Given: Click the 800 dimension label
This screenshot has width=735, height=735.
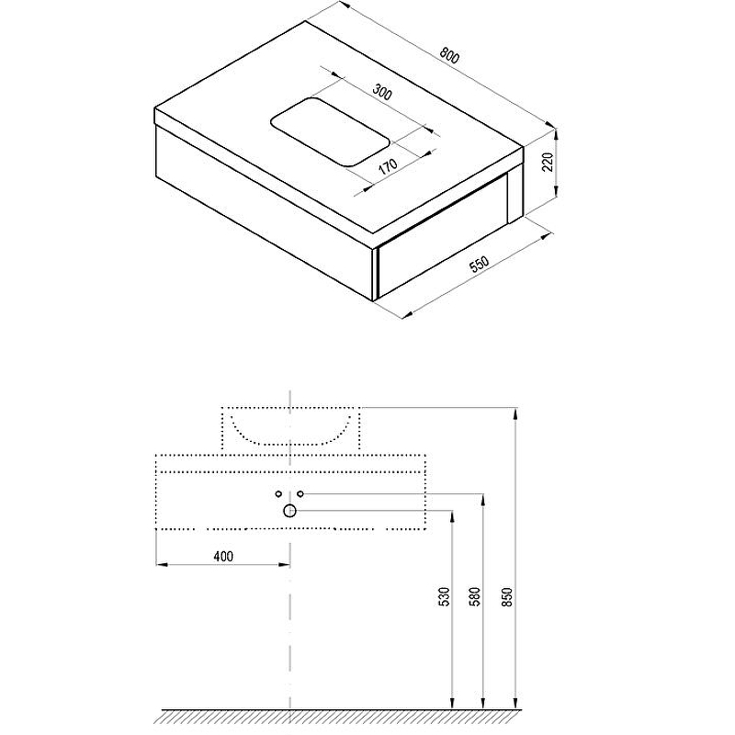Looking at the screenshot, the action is point(449,55).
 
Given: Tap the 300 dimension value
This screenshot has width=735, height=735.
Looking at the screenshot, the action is point(382,92).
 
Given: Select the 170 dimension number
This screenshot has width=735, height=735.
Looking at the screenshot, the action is point(388,165).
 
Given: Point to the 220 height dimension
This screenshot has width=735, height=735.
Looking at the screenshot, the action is point(548,162).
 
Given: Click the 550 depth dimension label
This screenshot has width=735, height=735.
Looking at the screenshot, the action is point(479,265).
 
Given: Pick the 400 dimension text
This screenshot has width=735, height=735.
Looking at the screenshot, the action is point(223,556).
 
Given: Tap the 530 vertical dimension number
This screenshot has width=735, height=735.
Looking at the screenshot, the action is point(444,596).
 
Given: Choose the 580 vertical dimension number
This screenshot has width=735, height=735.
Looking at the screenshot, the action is point(475,596).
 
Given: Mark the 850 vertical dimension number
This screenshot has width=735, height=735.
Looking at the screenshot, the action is point(507,596).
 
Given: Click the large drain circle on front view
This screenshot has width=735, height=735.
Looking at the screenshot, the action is point(289,511).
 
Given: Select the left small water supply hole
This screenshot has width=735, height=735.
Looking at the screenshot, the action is point(278,493).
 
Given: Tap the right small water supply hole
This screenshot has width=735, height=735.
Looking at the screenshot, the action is point(300,493).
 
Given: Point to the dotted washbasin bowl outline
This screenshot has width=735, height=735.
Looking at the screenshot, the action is point(290,444).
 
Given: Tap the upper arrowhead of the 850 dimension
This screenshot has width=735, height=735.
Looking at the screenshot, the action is point(515,413).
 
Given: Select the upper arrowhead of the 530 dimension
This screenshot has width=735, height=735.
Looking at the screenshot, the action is point(452,515).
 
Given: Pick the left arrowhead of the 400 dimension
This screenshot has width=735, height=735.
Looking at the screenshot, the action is point(161,564).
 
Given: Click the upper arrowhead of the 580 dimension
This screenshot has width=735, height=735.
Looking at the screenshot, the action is point(483,499).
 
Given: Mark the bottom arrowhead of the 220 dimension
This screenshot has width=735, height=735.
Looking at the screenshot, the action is point(556,191).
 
